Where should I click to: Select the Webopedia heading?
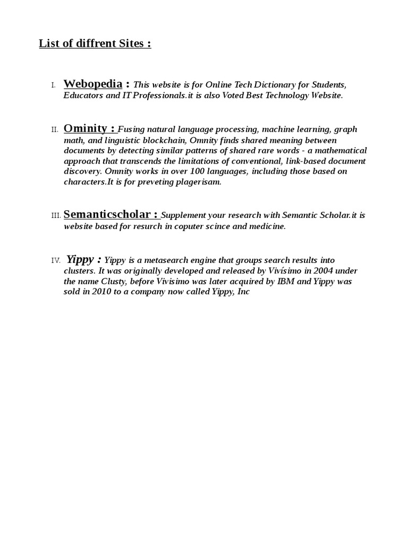[x=93, y=84]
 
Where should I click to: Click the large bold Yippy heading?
[x=81, y=259]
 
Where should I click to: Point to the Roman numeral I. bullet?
[x=53, y=86]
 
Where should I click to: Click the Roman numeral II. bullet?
[x=54, y=130]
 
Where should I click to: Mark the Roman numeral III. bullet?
[x=56, y=216]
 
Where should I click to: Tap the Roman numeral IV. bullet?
[x=56, y=260]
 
